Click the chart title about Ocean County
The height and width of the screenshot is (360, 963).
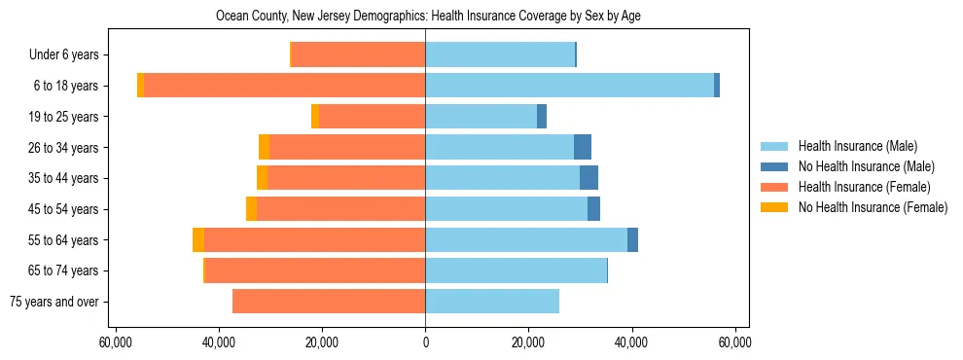pyautogui.click(x=427, y=17)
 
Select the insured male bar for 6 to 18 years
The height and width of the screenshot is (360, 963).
pyautogui.click(x=569, y=86)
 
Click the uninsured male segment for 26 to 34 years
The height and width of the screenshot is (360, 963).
pyautogui.click(x=583, y=147)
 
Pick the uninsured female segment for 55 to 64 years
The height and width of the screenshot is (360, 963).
pyautogui.click(x=198, y=239)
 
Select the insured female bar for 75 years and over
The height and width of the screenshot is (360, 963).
pyautogui.click(x=329, y=302)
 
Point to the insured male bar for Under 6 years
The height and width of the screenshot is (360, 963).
pyautogui.click(x=500, y=54)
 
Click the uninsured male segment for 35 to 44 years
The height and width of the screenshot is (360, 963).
pyautogui.click(x=588, y=178)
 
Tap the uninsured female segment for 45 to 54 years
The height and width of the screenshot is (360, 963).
pyautogui.click(x=251, y=209)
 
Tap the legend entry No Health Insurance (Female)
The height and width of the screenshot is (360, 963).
pyautogui.click(x=873, y=207)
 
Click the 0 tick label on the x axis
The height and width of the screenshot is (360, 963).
pyautogui.click(x=425, y=342)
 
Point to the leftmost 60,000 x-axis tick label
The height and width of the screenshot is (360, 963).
pyautogui.click(x=116, y=342)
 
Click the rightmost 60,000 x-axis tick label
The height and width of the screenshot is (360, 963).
pyautogui.click(x=734, y=342)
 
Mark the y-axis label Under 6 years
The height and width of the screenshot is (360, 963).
pyautogui.click(x=63, y=54)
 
